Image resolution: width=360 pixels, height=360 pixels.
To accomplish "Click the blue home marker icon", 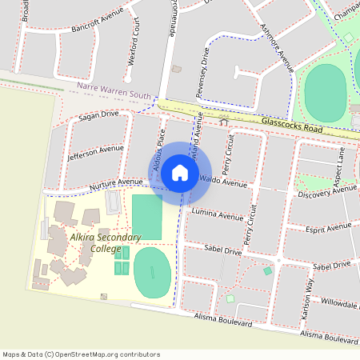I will coord(180,172).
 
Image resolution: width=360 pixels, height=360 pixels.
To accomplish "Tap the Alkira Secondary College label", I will coord(105,243).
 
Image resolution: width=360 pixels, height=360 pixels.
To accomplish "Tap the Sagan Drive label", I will coord(98,117).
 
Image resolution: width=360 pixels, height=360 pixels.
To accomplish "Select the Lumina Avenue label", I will coord(218,214).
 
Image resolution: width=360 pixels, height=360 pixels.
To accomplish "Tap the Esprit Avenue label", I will coord(330,228).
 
